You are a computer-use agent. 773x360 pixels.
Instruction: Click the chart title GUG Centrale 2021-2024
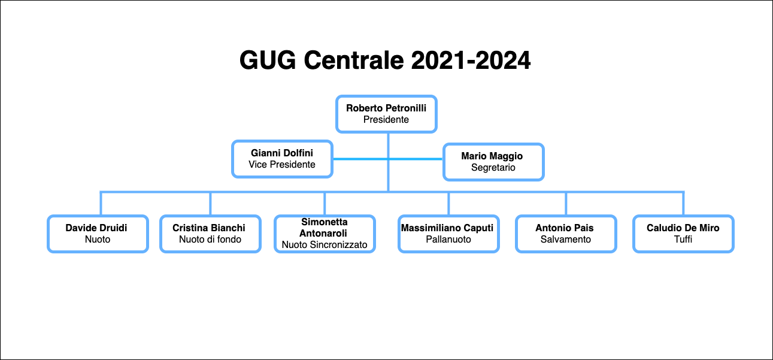pos(385,60)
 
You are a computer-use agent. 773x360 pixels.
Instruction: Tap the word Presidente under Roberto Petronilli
pos(386,119)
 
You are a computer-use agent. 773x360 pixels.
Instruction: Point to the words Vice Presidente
pos(282,164)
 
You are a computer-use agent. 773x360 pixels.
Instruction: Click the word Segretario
pos(493,167)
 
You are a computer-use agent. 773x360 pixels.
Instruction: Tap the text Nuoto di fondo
pos(210,239)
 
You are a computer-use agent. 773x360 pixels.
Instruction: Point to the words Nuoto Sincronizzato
pos(325,245)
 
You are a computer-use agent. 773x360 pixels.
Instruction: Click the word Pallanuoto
pos(448,239)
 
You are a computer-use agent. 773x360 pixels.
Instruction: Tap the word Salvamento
pos(566,239)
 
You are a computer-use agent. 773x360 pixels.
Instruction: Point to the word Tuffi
pos(683,239)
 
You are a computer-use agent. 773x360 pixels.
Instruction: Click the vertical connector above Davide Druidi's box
pos(101,203)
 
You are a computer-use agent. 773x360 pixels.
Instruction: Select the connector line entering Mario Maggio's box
pos(416,159)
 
